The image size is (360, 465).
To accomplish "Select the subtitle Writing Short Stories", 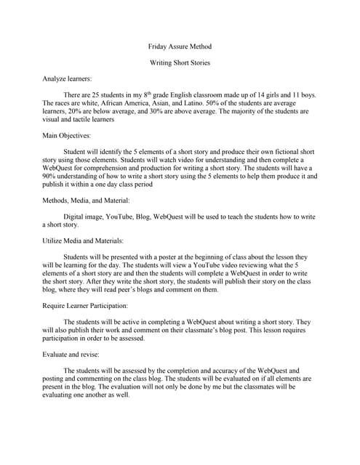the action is click(x=180, y=63).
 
